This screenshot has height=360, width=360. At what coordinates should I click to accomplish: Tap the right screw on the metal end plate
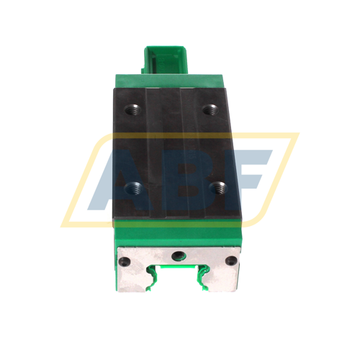[x=230, y=260]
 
